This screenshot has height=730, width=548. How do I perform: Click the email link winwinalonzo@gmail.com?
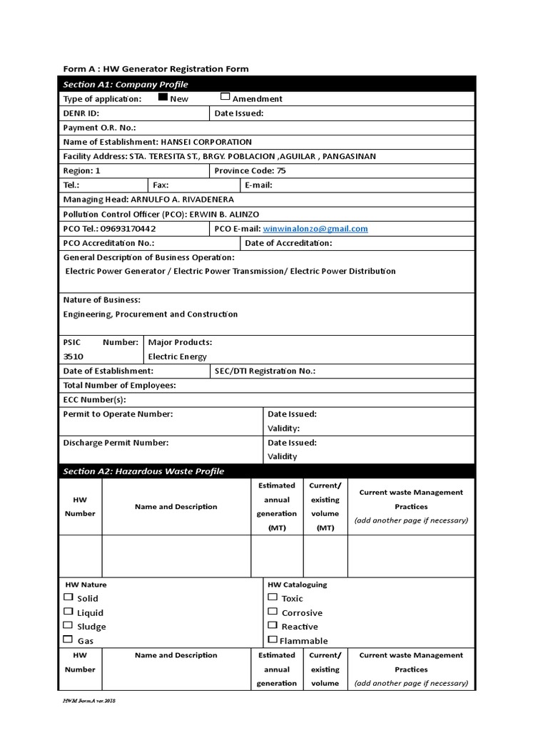pyautogui.click(x=315, y=229)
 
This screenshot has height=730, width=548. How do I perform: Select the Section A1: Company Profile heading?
pyautogui.click(x=126, y=84)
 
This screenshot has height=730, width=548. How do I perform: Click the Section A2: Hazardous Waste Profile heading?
pyautogui.click(x=143, y=471)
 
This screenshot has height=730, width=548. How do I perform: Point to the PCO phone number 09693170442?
pyautogui.click(x=129, y=229)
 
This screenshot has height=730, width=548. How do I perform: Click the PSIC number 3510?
pyautogui.click(x=73, y=356)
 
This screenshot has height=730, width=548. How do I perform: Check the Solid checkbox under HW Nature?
pyautogui.click(x=68, y=597)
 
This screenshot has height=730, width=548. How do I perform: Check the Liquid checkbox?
pyautogui.click(x=68, y=612)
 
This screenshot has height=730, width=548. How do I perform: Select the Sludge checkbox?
pyautogui.click(x=68, y=626)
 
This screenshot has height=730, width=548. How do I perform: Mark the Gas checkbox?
pyautogui.click(x=68, y=639)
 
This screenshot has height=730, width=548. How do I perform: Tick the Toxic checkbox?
pyautogui.click(x=272, y=597)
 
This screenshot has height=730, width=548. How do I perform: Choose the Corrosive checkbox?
pyautogui.click(x=272, y=612)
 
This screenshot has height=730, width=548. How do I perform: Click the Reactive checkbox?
pyautogui.click(x=272, y=626)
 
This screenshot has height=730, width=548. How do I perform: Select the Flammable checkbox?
pyautogui.click(x=272, y=639)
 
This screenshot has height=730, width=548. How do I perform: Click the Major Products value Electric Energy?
pyautogui.click(x=177, y=356)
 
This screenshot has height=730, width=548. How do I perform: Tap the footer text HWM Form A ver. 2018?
pyautogui.click(x=89, y=702)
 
